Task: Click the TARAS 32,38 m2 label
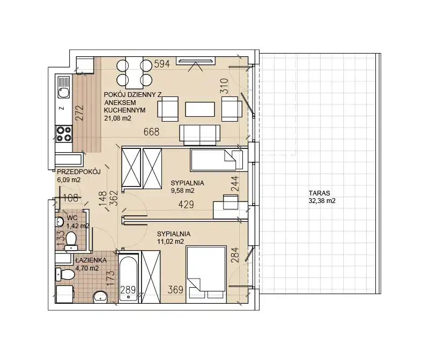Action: click(322, 197)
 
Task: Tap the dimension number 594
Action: click(162, 64)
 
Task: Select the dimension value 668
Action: click(151, 132)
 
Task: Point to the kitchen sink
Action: click(63, 87)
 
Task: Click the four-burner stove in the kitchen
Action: click(63, 134)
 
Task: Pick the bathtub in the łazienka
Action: click(128, 277)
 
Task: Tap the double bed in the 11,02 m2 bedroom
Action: click(206, 274)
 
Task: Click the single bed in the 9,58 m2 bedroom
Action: click(217, 160)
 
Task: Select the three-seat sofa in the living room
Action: click(199, 136)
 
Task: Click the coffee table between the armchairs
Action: click(200, 109)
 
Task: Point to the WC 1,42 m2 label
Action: click(78, 222)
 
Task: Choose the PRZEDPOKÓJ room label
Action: click(78, 171)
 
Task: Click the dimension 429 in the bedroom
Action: click(186, 204)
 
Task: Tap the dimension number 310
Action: click(224, 86)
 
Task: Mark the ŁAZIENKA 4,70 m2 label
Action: click(91, 264)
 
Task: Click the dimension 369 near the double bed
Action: click(175, 290)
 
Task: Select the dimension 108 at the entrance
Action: click(71, 198)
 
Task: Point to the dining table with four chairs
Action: click(134, 73)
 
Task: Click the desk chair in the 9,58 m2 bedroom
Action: click(231, 202)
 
